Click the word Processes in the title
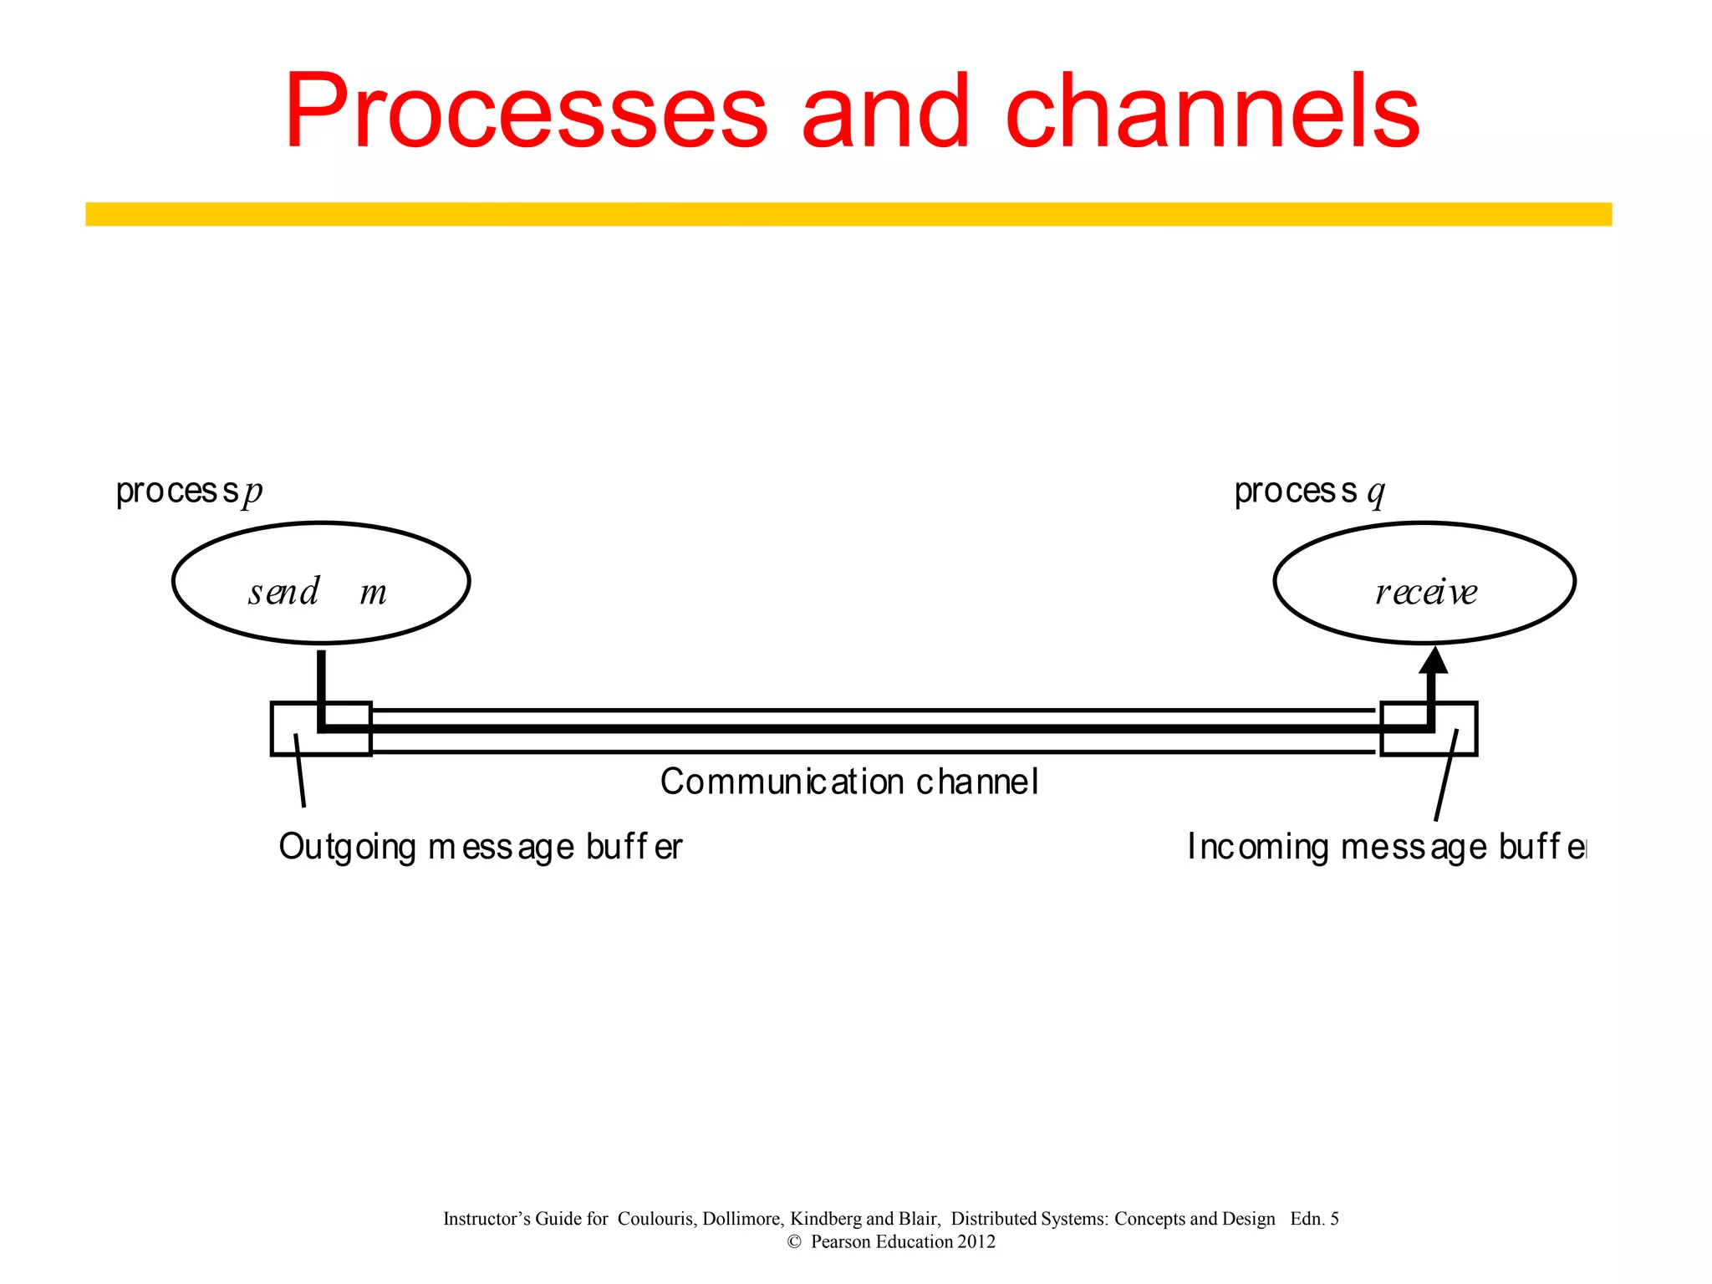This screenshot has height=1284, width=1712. point(525,113)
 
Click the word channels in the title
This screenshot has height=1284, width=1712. point(1211,113)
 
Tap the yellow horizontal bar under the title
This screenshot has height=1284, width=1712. point(848,214)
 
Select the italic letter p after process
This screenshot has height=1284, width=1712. point(252,492)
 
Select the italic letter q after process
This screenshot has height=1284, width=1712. point(1375,492)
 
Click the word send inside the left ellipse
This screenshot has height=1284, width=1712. point(283,592)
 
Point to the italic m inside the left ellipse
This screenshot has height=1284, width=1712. point(373,594)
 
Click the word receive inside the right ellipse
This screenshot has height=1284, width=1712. point(1426,592)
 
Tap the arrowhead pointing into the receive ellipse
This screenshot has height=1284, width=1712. point(1434,660)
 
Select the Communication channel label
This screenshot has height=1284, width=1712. point(848,782)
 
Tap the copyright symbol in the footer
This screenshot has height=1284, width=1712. point(794,1242)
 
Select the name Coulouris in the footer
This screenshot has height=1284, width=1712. point(655,1219)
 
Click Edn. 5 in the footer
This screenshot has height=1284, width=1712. point(1314,1219)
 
